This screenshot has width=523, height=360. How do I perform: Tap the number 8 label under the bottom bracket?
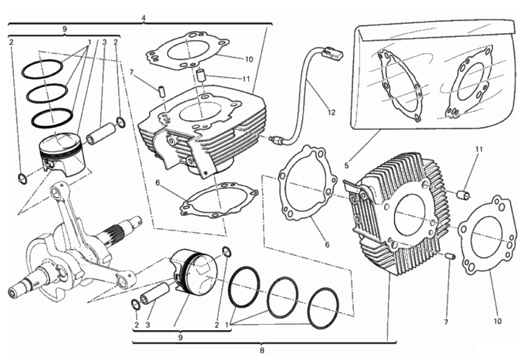[262, 351]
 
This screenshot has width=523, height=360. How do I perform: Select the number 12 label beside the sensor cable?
[331, 112]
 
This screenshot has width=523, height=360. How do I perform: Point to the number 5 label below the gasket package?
[346, 165]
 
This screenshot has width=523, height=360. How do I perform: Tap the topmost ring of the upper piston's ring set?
[42, 69]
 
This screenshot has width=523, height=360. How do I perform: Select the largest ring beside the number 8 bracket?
[324, 308]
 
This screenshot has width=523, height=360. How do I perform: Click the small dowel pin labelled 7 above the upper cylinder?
[162, 91]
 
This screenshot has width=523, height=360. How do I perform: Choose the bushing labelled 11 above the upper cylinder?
[201, 76]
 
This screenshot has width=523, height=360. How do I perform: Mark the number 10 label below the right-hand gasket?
[498, 321]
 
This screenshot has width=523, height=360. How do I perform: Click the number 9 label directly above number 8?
[180, 337]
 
